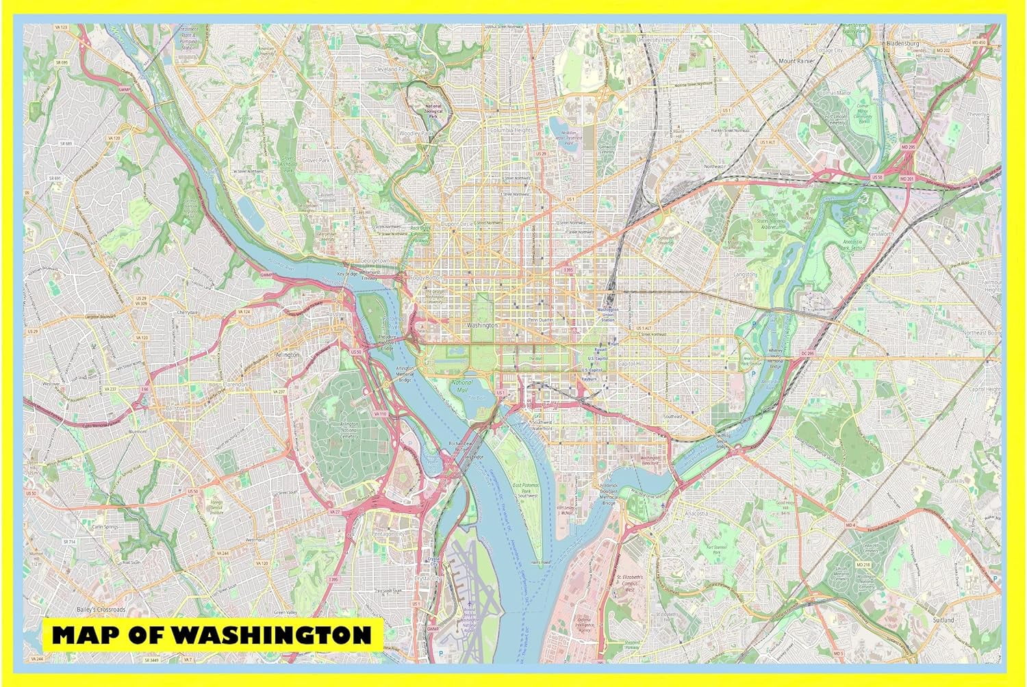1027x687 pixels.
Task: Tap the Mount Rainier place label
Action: pos(796,61)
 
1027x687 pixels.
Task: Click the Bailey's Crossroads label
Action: pos(101,609)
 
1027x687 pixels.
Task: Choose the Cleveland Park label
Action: pos(391,70)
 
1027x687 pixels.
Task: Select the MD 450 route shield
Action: pos(981,42)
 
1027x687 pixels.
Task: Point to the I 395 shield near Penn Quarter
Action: pos(568,271)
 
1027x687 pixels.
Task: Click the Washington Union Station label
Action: pos(607,314)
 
